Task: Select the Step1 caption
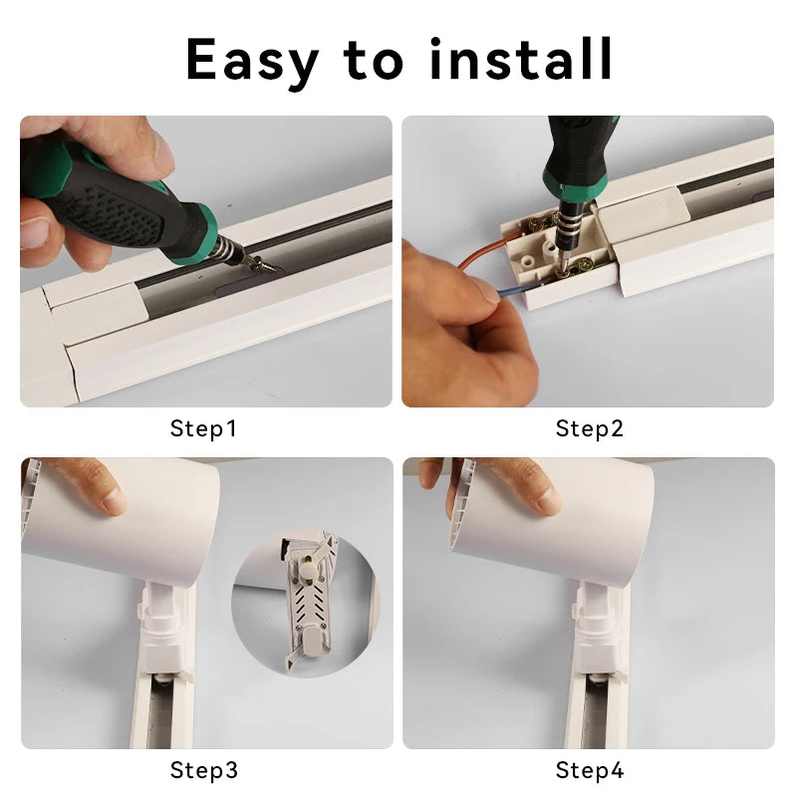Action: (204, 429)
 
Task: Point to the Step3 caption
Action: (204, 770)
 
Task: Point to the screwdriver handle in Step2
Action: (578, 149)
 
